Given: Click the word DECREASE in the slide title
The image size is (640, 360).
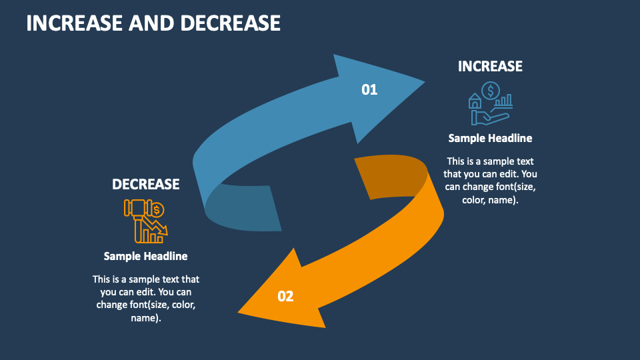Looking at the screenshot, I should tap(229, 23).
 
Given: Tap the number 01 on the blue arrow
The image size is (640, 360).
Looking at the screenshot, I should tap(369, 89).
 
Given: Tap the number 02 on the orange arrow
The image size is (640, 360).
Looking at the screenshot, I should tap(285, 296).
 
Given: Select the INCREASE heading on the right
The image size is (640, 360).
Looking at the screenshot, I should tap(490, 66).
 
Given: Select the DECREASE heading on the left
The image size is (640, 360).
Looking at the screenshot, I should tap(145, 184).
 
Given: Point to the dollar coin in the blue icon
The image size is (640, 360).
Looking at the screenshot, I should tap(491, 91).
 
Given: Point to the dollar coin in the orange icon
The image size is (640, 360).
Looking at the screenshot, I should tap(157, 211).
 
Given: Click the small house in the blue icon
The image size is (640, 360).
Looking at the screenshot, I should tap(475, 101).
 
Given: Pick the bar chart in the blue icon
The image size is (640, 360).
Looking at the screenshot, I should tap(505, 101).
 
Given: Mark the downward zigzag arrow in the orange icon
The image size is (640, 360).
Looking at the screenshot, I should tap(159, 227).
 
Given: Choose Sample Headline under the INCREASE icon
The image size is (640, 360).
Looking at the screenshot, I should tap(490, 138).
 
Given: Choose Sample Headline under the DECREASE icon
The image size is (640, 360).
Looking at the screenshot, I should tap(145, 256).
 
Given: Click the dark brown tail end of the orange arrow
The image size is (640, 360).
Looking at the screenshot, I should tap(387, 177).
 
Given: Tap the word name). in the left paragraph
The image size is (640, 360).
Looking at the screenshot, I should tap(145, 318).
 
